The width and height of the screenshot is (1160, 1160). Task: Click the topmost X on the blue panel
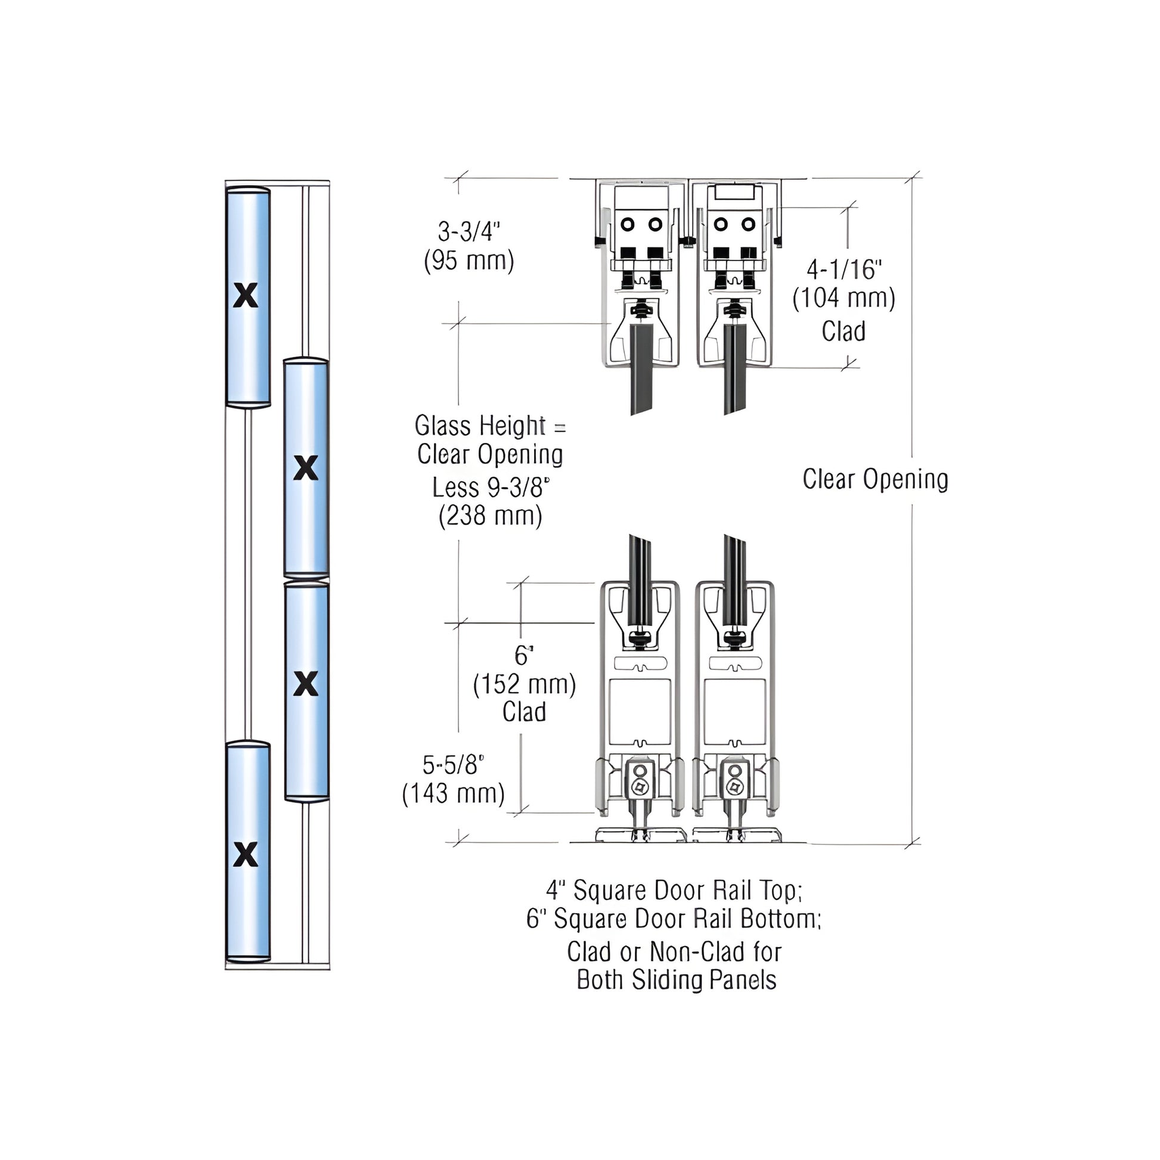(x=245, y=296)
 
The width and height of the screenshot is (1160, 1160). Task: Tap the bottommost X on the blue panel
(x=245, y=854)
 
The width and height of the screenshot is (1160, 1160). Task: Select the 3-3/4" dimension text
(x=469, y=231)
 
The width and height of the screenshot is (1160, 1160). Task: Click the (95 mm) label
(x=469, y=260)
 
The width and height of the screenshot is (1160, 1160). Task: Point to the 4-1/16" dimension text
(x=843, y=269)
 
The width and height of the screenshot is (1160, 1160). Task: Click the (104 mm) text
(x=843, y=299)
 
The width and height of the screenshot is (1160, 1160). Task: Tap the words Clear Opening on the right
(x=875, y=479)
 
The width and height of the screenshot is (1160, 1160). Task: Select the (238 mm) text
(x=490, y=516)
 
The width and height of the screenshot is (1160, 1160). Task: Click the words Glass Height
(x=480, y=426)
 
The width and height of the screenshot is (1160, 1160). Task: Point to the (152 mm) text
(x=524, y=684)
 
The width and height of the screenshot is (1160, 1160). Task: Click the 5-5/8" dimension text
(x=453, y=765)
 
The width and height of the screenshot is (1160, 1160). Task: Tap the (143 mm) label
(x=453, y=794)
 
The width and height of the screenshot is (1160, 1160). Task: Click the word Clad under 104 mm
(x=843, y=331)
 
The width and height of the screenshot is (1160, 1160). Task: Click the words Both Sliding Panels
(x=676, y=981)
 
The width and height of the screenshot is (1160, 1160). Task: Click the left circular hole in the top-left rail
(x=628, y=225)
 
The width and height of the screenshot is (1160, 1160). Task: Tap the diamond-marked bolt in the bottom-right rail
(x=734, y=787)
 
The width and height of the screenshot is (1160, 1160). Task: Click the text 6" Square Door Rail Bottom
(x=672, y=919)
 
